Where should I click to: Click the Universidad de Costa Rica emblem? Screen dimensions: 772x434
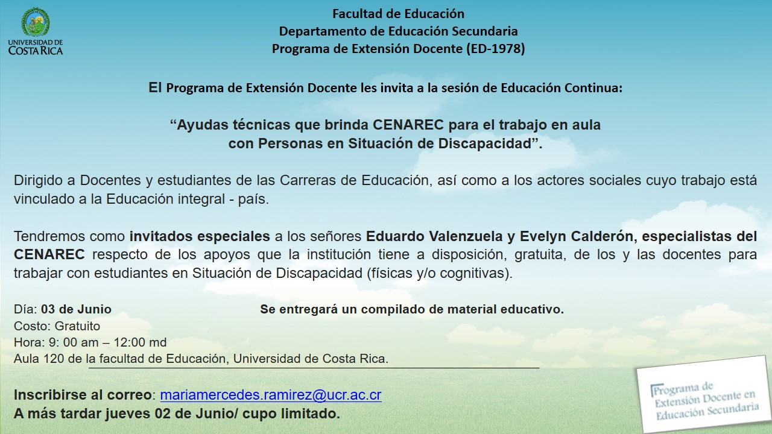(x=36, y=22)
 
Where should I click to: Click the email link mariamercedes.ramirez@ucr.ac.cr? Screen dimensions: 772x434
(x=271, y=395)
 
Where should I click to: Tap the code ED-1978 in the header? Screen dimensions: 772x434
(x=495, y=49)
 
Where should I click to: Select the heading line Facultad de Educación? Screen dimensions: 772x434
(x=399, y=14)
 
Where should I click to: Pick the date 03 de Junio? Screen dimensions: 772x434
(x=76, y=309)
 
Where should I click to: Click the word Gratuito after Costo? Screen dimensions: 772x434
(x=78, y=326)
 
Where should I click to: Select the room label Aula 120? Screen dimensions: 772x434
(x=39, y=359)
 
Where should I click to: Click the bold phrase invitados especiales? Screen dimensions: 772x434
(x=200, y=236)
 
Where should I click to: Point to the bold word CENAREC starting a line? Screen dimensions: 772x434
(x=49, y=254)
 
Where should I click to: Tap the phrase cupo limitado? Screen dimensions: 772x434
(x=291, y=414)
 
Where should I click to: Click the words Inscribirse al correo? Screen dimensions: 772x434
(x=83, y=395)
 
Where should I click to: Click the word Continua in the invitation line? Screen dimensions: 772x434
(x=593, y=88)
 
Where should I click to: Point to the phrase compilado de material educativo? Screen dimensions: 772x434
(x=463, y=309)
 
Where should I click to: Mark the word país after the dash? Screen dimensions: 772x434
(x=253, y=199)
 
